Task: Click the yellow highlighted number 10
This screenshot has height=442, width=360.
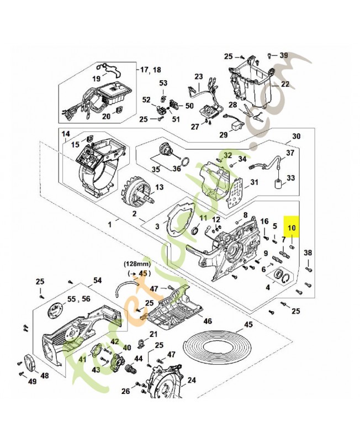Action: [291, 228]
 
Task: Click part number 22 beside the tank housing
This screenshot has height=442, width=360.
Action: [285, 85]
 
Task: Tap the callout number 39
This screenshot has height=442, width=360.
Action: [283, 55]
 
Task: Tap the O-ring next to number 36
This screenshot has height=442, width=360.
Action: [187, 162]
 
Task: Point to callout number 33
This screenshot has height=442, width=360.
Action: [291, 178]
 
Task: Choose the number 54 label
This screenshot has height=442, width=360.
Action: [97, 281]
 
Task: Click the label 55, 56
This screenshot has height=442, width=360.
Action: [78, 299]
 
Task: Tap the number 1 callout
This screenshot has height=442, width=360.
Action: [109, 224]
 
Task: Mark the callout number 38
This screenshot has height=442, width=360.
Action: [308, 253]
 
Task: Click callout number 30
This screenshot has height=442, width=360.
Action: [296, 136]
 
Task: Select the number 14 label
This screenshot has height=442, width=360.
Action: [65, 134]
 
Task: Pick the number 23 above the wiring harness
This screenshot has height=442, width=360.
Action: [199, 77]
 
